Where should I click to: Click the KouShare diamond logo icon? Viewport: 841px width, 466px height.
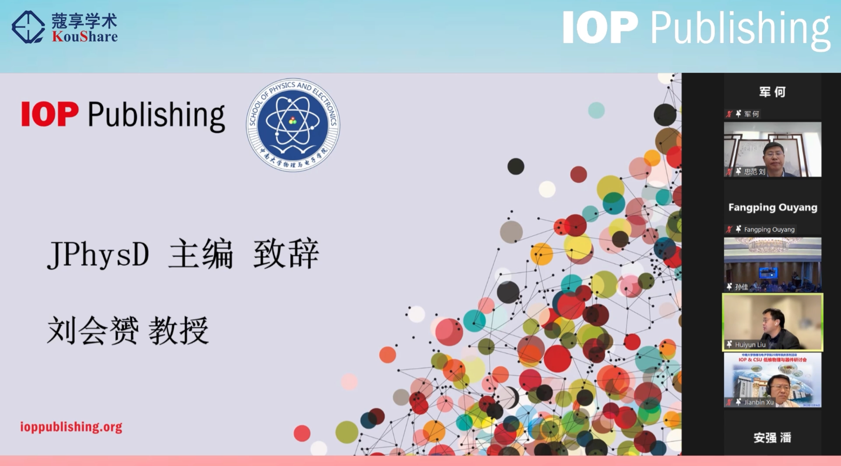(28, 27)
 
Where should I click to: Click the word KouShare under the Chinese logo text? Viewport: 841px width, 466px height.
(85, 37)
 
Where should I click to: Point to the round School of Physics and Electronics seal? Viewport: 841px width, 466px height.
(293, 124)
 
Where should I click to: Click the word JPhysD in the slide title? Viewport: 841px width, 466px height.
(98, 254)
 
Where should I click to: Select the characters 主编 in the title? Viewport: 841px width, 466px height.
(201, 254)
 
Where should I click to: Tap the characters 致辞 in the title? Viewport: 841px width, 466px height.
(286, 254)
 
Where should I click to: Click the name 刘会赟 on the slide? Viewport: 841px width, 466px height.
(93, 330)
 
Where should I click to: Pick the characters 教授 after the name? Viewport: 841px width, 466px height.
(179, 330)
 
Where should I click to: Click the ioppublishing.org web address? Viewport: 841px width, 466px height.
(71, 427)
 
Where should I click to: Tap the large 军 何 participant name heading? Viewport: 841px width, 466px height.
(772, 92)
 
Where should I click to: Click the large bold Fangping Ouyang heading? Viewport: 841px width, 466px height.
(773, 208)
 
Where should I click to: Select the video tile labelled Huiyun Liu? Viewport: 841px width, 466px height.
(772, 322)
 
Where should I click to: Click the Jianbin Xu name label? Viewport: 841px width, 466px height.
(758, 402)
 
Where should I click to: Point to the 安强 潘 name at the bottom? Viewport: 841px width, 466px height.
(772, 437)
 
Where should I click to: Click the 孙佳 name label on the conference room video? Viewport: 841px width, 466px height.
(741, 287)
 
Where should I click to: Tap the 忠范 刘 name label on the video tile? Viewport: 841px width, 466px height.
(754, 172)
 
